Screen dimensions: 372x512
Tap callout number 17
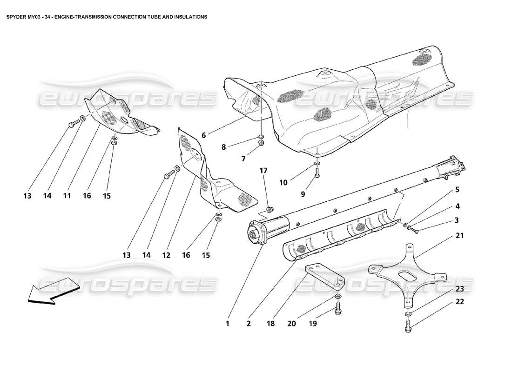coord(263,171)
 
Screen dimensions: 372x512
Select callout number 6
coord(203,135)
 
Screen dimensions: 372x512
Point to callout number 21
coord(460,236)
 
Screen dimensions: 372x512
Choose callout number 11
coord(67,196)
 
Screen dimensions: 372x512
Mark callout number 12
coord(166,255)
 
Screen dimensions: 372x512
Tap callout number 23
coord(460,288)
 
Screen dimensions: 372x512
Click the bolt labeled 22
coord(408,329)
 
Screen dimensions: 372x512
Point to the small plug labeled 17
coord(269,208)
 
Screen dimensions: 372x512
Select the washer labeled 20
coord(337,296)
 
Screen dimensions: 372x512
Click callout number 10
coord(283,183)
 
